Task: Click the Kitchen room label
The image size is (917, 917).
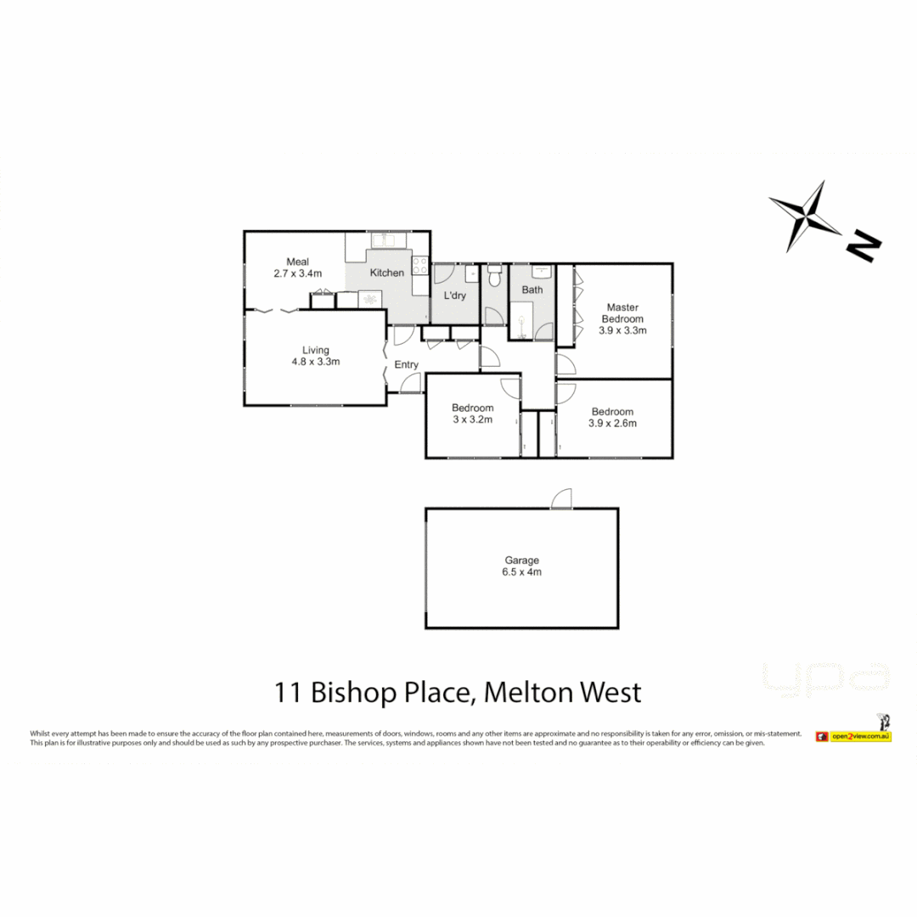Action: point(387,273)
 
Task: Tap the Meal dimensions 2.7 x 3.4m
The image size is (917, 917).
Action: point(297,273)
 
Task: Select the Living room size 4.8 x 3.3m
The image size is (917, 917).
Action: point(316,362)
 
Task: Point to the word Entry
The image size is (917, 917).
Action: point(407,365)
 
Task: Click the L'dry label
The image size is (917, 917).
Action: point(455,296)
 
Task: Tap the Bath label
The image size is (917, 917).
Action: point(532,290)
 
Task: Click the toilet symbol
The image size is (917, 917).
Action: point(494,277)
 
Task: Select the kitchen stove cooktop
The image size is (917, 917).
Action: point(420,266)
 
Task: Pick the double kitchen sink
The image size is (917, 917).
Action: point(390,241)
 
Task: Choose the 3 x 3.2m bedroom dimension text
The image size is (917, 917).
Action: point(472,419)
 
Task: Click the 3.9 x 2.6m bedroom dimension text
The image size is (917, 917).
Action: point(613,423)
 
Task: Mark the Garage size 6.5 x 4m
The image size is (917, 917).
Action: point(522,572)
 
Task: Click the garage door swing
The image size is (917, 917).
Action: point(560,500)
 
